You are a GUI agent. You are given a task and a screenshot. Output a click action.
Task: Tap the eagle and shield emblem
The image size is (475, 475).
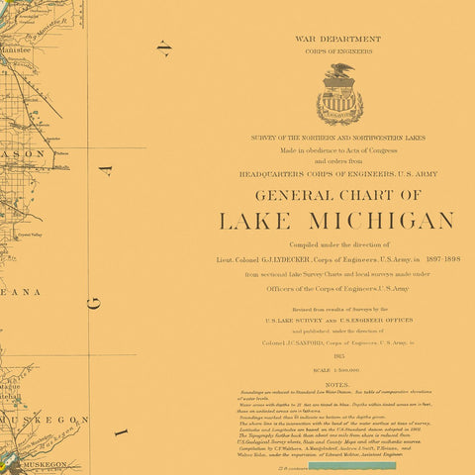pos(338,95)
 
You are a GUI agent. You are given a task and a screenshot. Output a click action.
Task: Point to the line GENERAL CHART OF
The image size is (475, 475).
pos(337,195)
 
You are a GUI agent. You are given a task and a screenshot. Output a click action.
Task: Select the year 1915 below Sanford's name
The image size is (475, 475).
pos(338,353)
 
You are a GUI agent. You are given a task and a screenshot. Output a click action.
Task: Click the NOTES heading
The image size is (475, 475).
pos(337,384)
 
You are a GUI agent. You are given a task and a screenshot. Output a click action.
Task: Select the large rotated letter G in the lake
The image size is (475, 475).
pos(93,303)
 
